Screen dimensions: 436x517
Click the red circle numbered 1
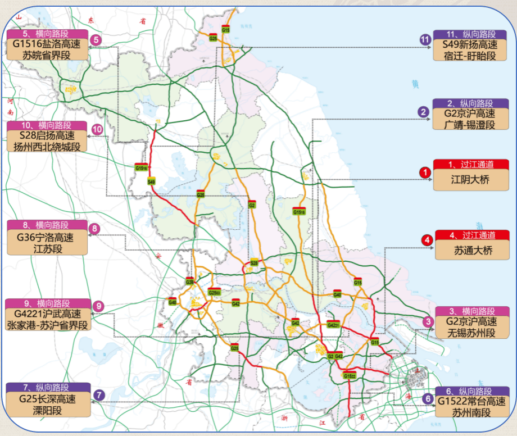click(425, 172)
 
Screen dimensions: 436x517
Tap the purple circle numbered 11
click(425, 39)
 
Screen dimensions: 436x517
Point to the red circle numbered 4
click(428, 240)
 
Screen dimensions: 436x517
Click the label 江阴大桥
click(470, 181)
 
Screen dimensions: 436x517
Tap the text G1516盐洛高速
click(47, 44)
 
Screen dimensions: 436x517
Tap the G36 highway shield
click(189, 281)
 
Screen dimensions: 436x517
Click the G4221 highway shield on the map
click(333, 325)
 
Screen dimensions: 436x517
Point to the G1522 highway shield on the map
click(350, 375)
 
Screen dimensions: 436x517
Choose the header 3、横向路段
click(471, 311)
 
